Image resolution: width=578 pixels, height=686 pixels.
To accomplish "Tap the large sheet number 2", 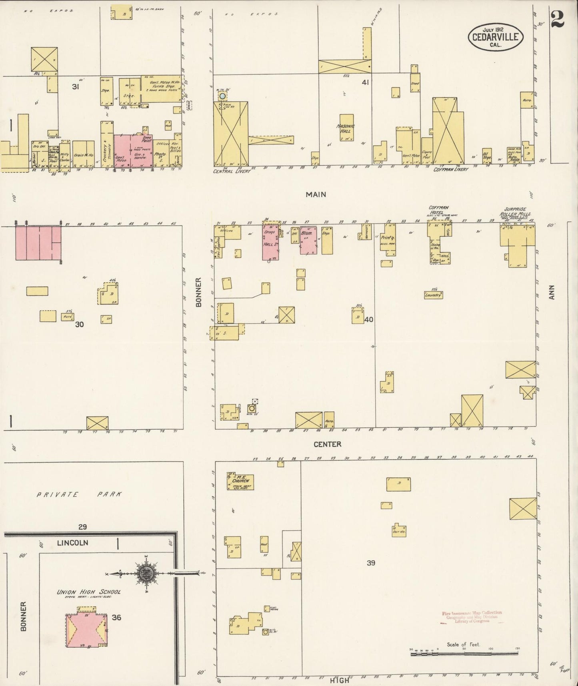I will pos(557,19).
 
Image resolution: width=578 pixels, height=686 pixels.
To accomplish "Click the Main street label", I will pos(316,195).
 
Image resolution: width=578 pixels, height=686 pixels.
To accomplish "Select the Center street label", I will pos(327,444).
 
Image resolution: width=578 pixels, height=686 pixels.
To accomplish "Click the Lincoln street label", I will pos(72,543).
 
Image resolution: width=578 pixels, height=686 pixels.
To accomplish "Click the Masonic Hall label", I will pos(346,128).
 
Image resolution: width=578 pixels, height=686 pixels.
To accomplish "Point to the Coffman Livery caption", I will pos(451,170).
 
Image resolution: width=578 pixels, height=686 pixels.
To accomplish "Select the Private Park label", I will pos(79,494).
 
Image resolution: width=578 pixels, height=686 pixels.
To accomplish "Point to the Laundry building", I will pos(433,295).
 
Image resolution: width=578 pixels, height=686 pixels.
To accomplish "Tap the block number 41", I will pos(365,83).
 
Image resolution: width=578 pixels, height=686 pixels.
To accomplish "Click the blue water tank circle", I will pos(222,96).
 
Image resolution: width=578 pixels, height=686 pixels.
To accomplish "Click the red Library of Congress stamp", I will pos(472,617).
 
